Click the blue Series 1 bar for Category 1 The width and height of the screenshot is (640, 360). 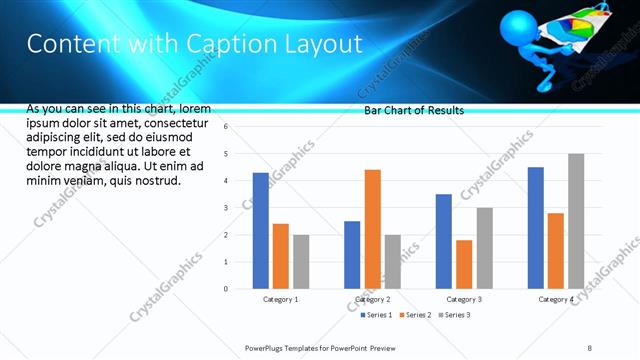click(261, 231)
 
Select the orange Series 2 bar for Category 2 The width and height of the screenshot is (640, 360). click(372, 229)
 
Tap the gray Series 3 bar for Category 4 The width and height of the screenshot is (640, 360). click(576, 221)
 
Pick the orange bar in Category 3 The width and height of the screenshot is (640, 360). click(464, 264)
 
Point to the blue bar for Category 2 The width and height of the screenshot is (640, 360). click(352, 255)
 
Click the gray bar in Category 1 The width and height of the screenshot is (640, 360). click(301, 262)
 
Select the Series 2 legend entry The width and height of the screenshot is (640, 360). click(415, 315)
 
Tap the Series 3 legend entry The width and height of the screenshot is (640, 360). click(455, 315)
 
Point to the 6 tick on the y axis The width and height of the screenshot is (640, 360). click(227, 127)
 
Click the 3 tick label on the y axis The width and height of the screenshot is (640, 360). click(227, 208)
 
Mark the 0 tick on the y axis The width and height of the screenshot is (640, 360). click(227, 289)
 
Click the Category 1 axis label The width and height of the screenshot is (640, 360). click(281, 299)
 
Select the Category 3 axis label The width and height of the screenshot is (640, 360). click(464, 299)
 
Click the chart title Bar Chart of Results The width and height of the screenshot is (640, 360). click(413, 110)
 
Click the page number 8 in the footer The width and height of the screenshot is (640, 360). click(589, 347)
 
